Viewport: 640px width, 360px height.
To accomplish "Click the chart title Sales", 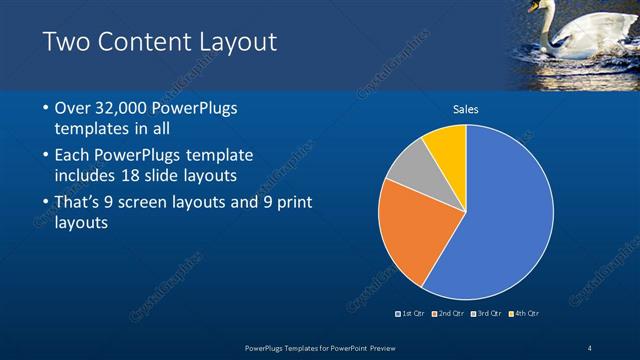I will pos(466,108).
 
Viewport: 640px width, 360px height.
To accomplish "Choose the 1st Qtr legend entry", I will pos(411,314).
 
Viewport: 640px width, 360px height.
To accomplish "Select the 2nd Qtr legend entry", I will pos(449,314).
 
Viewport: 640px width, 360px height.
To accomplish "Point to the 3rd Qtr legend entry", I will pos(486,314).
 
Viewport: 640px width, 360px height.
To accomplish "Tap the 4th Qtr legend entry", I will pos(524,314).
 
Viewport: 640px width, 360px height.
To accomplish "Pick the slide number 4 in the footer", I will pos(589,347).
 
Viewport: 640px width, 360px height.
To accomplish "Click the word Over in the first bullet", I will pos(74,108).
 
